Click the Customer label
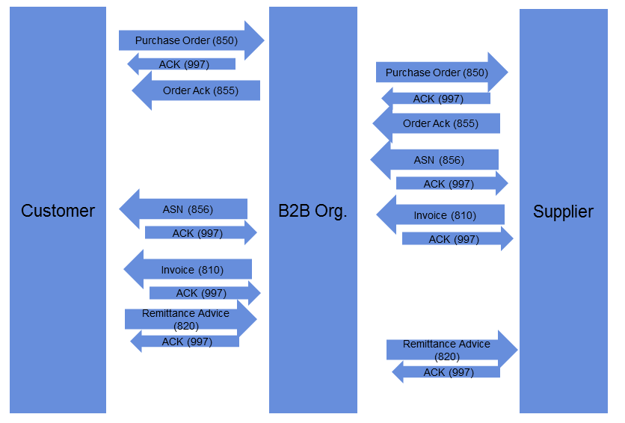coord(58,211)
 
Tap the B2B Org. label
coord(312,211)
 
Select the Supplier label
coord(563,211)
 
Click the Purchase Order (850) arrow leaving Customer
coord(190,40)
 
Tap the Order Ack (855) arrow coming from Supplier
coord(437,123)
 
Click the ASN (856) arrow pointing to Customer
coord(184,209)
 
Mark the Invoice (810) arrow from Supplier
coord(441,215)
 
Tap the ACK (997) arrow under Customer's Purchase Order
coord(182,65)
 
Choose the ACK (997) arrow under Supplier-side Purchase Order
coord(437,99)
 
